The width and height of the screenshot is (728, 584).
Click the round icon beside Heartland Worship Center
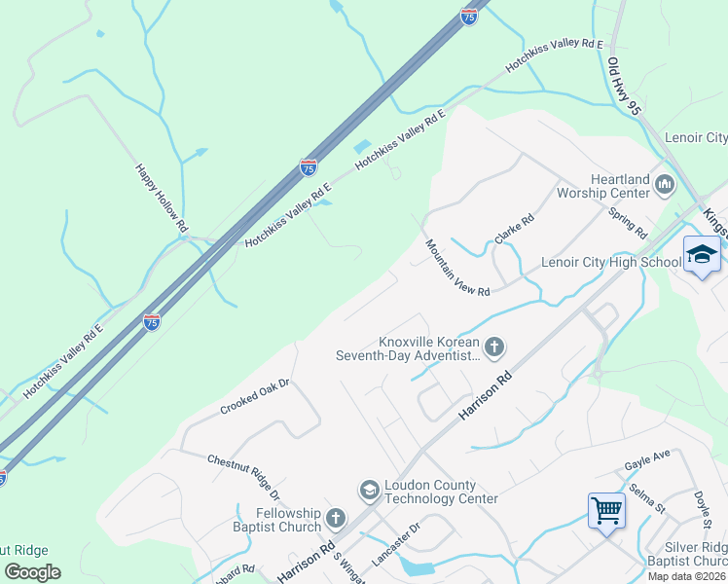(x=666, y=183)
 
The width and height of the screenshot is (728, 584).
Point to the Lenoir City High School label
(x=610, y=262)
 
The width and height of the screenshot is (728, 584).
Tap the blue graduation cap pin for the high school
(x=701, y=254)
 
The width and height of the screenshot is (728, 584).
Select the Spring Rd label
(x=627, y=223)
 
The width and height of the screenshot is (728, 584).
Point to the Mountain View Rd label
(x=456, y=268)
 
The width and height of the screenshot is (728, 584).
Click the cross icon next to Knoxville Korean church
(x=494, y=346)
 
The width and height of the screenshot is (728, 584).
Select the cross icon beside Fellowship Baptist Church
(x=336, y=517)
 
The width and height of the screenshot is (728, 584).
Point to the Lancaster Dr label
(x=395, y=545)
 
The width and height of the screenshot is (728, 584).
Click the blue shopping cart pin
(x=606, y=509)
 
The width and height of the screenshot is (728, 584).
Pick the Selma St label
(x=646, y=498)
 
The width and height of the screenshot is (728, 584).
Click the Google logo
(x=32, y=571)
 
